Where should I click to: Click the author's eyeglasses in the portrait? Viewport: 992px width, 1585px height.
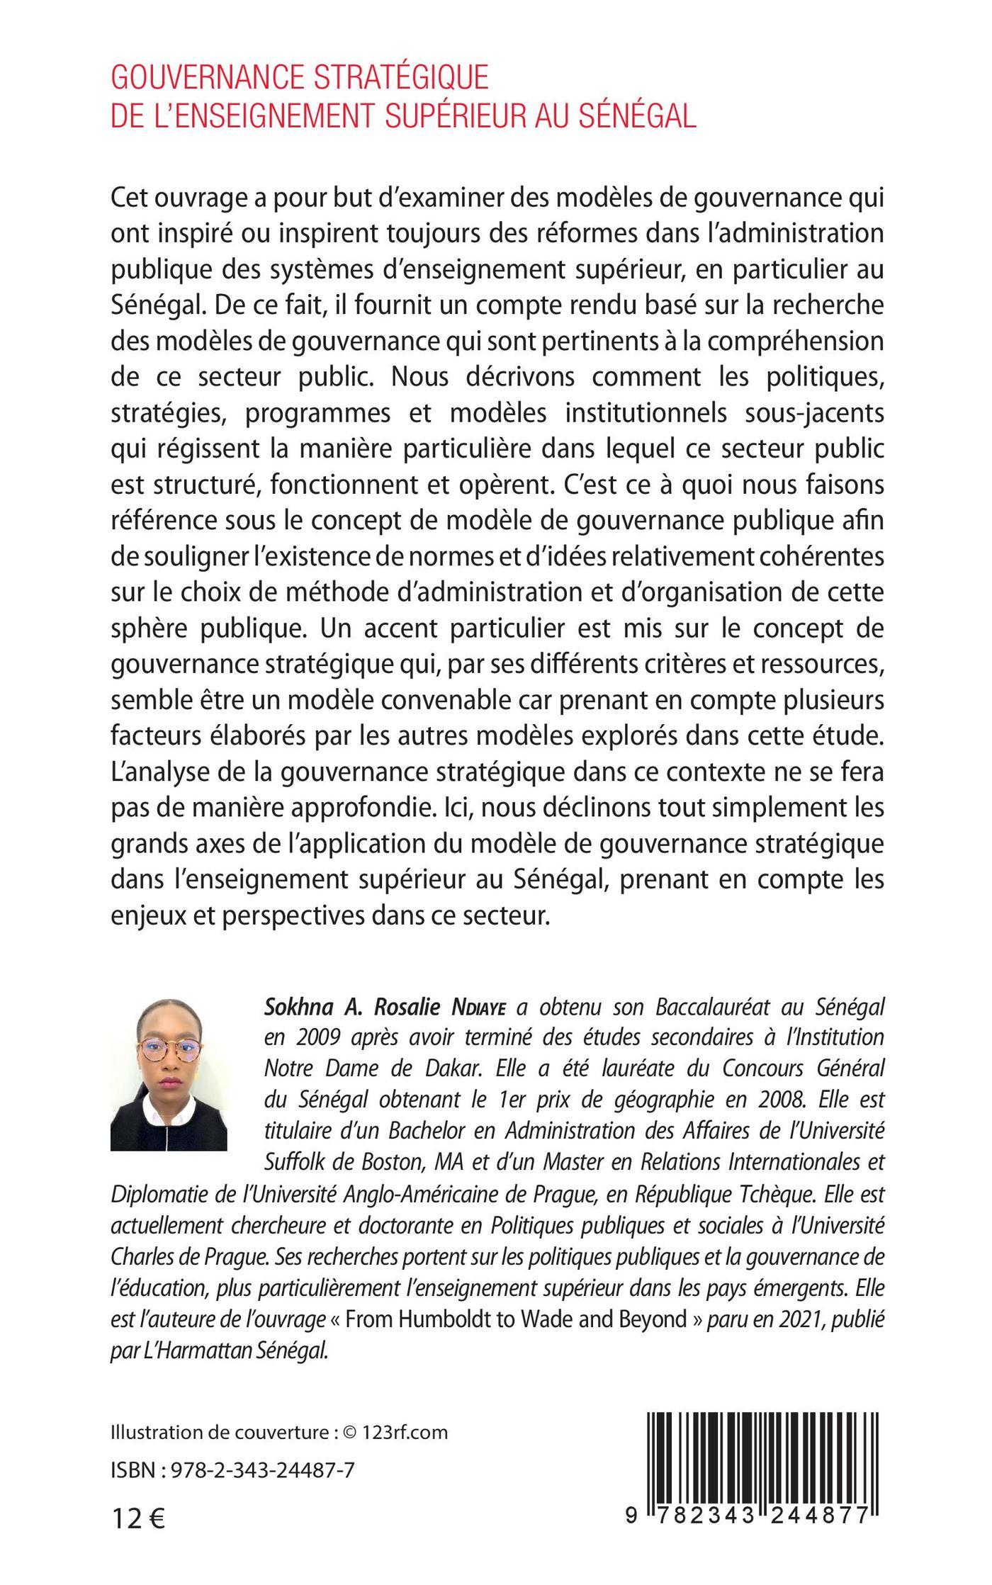(x=168, y=1048)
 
